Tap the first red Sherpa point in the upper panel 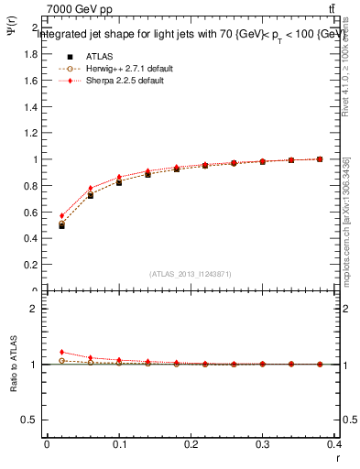coord(61,216)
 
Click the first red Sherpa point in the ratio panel coord(61,352)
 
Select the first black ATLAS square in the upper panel coord(61,225)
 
